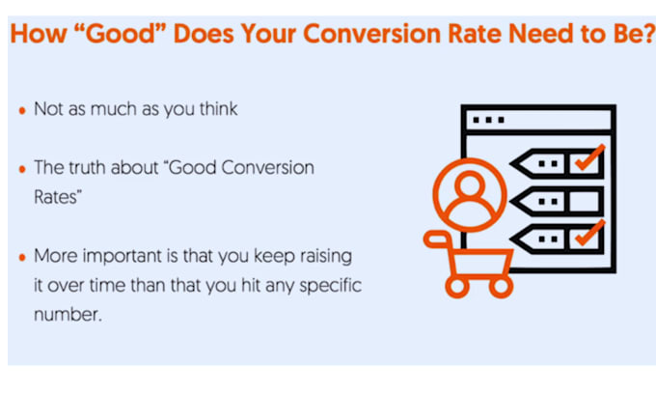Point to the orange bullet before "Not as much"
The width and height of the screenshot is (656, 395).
coord(22,110)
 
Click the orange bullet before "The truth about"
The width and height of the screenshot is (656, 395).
coord(22,168)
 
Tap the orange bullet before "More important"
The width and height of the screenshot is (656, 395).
coord(22,258)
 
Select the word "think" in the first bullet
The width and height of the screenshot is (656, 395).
coord(217,109)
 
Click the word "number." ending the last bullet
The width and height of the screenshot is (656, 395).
coord(67,315)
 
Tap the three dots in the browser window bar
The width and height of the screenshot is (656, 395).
coord(490,120)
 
